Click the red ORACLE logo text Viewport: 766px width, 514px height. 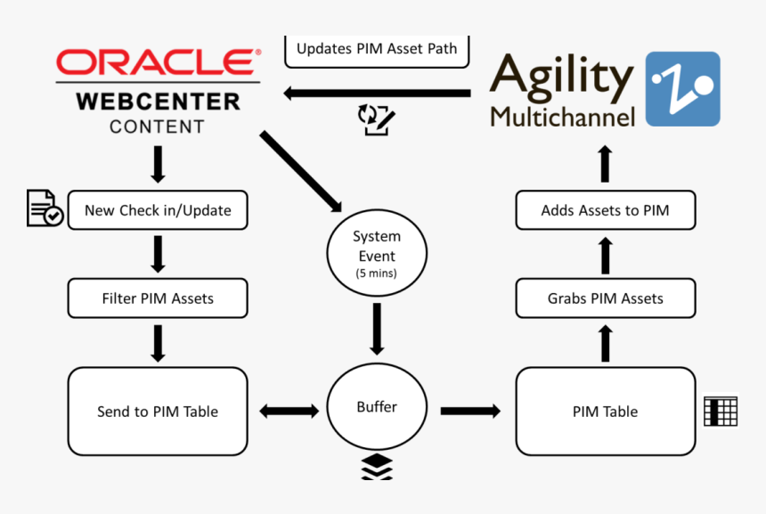pyautogui.click(x=154, y=62)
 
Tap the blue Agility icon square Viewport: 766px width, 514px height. pyautogui.click(x=681, y=88)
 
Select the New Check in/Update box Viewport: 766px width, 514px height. pyautogui.click(x=158, y=211)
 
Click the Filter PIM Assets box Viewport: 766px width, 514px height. pyautogui.click(x=158, y=298)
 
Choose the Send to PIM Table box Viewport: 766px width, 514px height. pyautogui.click(x=158, y=412)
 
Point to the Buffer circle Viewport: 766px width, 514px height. pyautogui.click(x=377, y=407)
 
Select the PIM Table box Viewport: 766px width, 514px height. pyautogui.click(x=605, y=412)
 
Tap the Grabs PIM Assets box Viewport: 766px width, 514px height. pyautogui.click(x=605, y=298)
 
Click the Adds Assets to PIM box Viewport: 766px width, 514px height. pyautogui.click(x=605, y=211)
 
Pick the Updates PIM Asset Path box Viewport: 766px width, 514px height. pyautogui.click(x=377, y=50)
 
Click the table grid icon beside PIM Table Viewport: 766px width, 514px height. pyautogui.click(x=721, y=411)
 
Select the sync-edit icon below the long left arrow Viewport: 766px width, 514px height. pyautogui.click(x=376, y=119)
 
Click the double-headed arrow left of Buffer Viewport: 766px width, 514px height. pyautogui.click(x=288, y=411)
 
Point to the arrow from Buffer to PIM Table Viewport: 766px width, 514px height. pyautogui.click(x=470, y=411)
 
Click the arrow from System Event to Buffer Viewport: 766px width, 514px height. pyautogui.click(x=377, y=328)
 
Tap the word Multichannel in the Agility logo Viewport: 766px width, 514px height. pyautogui.click(x=563, y=116)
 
